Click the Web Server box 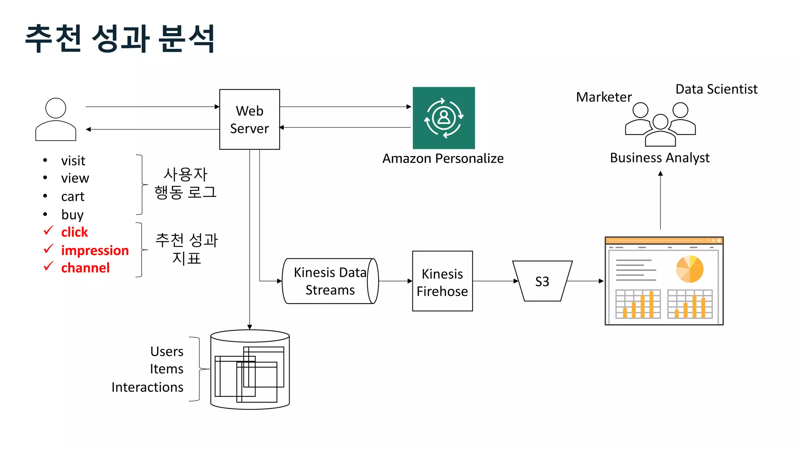pos(249,119)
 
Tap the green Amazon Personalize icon pos(444,118)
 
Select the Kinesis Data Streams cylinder pos(330,281)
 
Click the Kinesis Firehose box pos(442,281)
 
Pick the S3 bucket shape pos(542,281)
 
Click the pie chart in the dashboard pos(689,269)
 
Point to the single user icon pos(55,119)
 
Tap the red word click pos(74,232)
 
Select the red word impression pos(95,250)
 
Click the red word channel pos(85,268)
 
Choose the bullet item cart pos(73,196)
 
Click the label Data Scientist pos(716,89)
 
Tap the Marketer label pos(604,97)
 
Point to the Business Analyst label pos(659,158)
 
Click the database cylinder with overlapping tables pos(250,369)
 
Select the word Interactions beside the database pos(147,387)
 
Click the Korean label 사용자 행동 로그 pos(185,183)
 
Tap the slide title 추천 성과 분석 pos(120,38)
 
